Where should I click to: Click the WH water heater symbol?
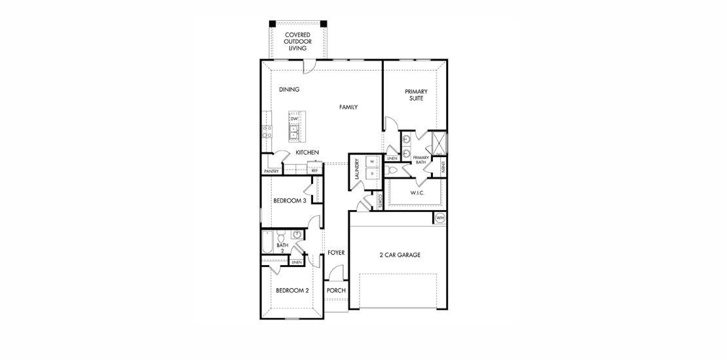[x=440, y=218]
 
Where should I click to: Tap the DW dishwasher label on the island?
[x=294, y=118]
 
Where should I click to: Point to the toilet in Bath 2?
[x=281, y=236]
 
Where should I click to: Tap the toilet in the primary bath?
[x=393, y=170]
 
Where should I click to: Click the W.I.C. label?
[x=419, y=192]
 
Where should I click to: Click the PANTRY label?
[x=272, y=171]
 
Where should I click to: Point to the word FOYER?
[x=336, y=252]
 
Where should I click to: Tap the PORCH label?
[x=336, y=291]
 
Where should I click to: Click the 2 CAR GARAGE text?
[x=399, y=255]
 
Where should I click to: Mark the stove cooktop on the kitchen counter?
[x=267, y=132]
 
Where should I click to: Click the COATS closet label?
[x=380, y=201]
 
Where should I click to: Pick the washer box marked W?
[x=371, y=161]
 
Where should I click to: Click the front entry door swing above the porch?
[x=336, y=274]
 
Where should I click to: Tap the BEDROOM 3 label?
[x=289, y=201]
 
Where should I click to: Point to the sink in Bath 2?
[x=297, y=234]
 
